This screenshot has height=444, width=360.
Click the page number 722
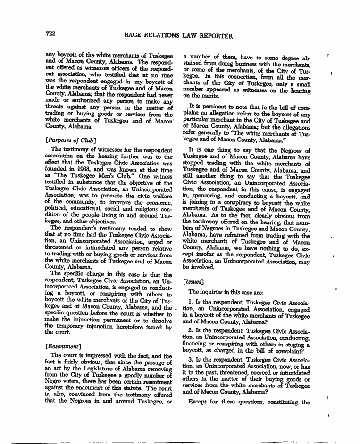tap(51, 34)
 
